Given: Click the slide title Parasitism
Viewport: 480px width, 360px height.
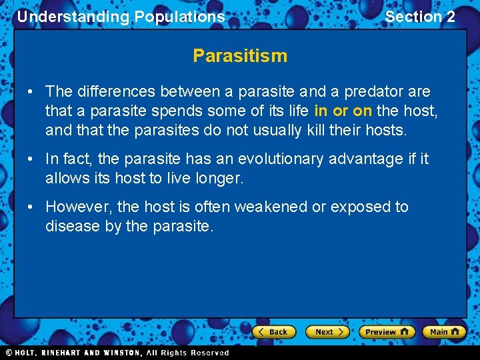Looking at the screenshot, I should [x=240, y=56].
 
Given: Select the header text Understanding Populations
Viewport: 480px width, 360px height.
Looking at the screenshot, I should [x=121, y=17].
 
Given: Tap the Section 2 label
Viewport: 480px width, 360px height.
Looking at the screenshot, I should [x=420, y=17].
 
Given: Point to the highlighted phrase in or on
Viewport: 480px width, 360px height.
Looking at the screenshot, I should [x=343, y=111].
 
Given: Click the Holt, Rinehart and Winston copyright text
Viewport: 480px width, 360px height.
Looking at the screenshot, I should [x=117, y=353].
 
